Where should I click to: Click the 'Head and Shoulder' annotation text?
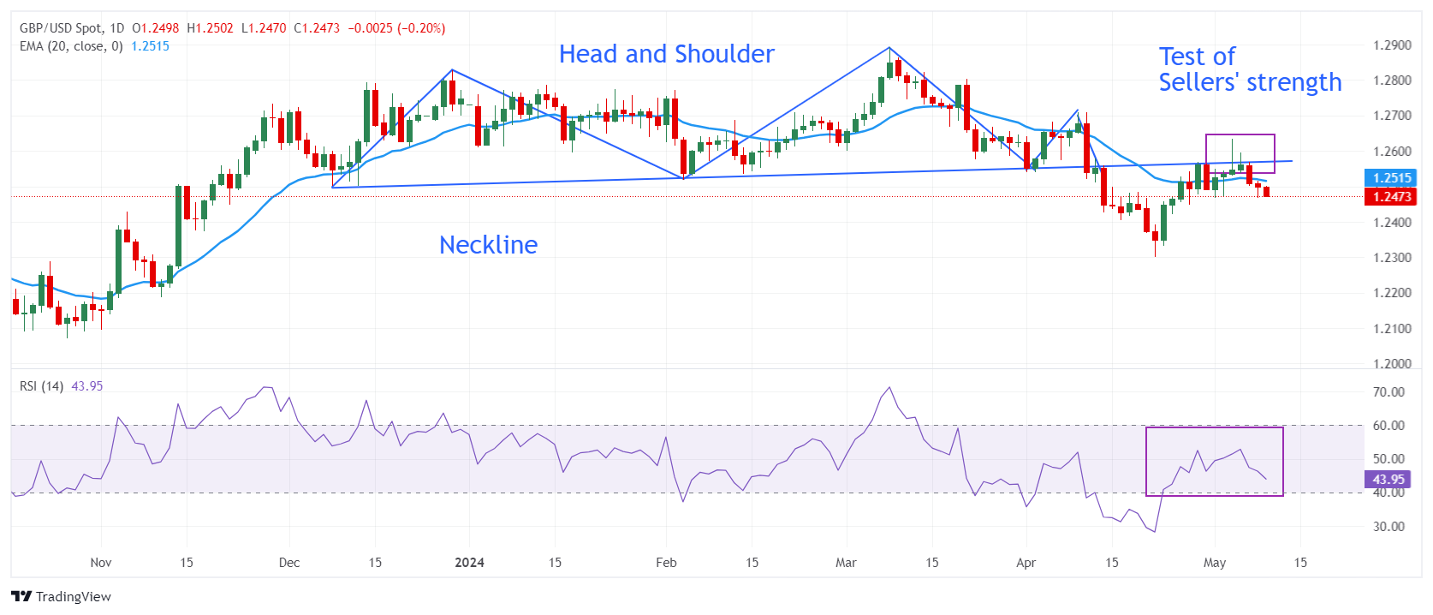point(666,54)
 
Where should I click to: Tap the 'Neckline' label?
point(488,245)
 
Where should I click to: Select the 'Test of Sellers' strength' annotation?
point(1249,69)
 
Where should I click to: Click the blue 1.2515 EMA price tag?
point(1392,178)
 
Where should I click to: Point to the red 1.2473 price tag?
point(1392,197)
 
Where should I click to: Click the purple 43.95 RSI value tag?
point(1388,480)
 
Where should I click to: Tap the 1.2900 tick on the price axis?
point(1392,45)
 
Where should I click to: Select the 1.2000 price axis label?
point(1392,364)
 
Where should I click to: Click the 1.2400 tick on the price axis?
point(1392,223)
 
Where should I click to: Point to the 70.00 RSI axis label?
point(1388,392)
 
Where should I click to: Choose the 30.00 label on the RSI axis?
point(1388,527)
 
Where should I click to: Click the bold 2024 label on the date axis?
point(469,563)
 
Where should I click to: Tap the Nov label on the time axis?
point(101,563)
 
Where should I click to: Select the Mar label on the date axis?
point(846,563)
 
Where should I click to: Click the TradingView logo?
point(62,597)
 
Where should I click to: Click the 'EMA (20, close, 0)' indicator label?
point(71,46)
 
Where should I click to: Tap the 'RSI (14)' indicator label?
point(41,386)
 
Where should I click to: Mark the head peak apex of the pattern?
point(889,48)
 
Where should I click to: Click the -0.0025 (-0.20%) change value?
point(396,28)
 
